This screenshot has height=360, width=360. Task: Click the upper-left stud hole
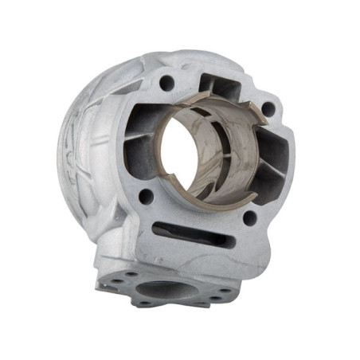point(166,81)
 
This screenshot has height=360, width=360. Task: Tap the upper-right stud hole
point(268,109)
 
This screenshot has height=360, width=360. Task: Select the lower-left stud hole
point(147,194)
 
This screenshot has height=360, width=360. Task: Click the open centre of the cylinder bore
point(199,151)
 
